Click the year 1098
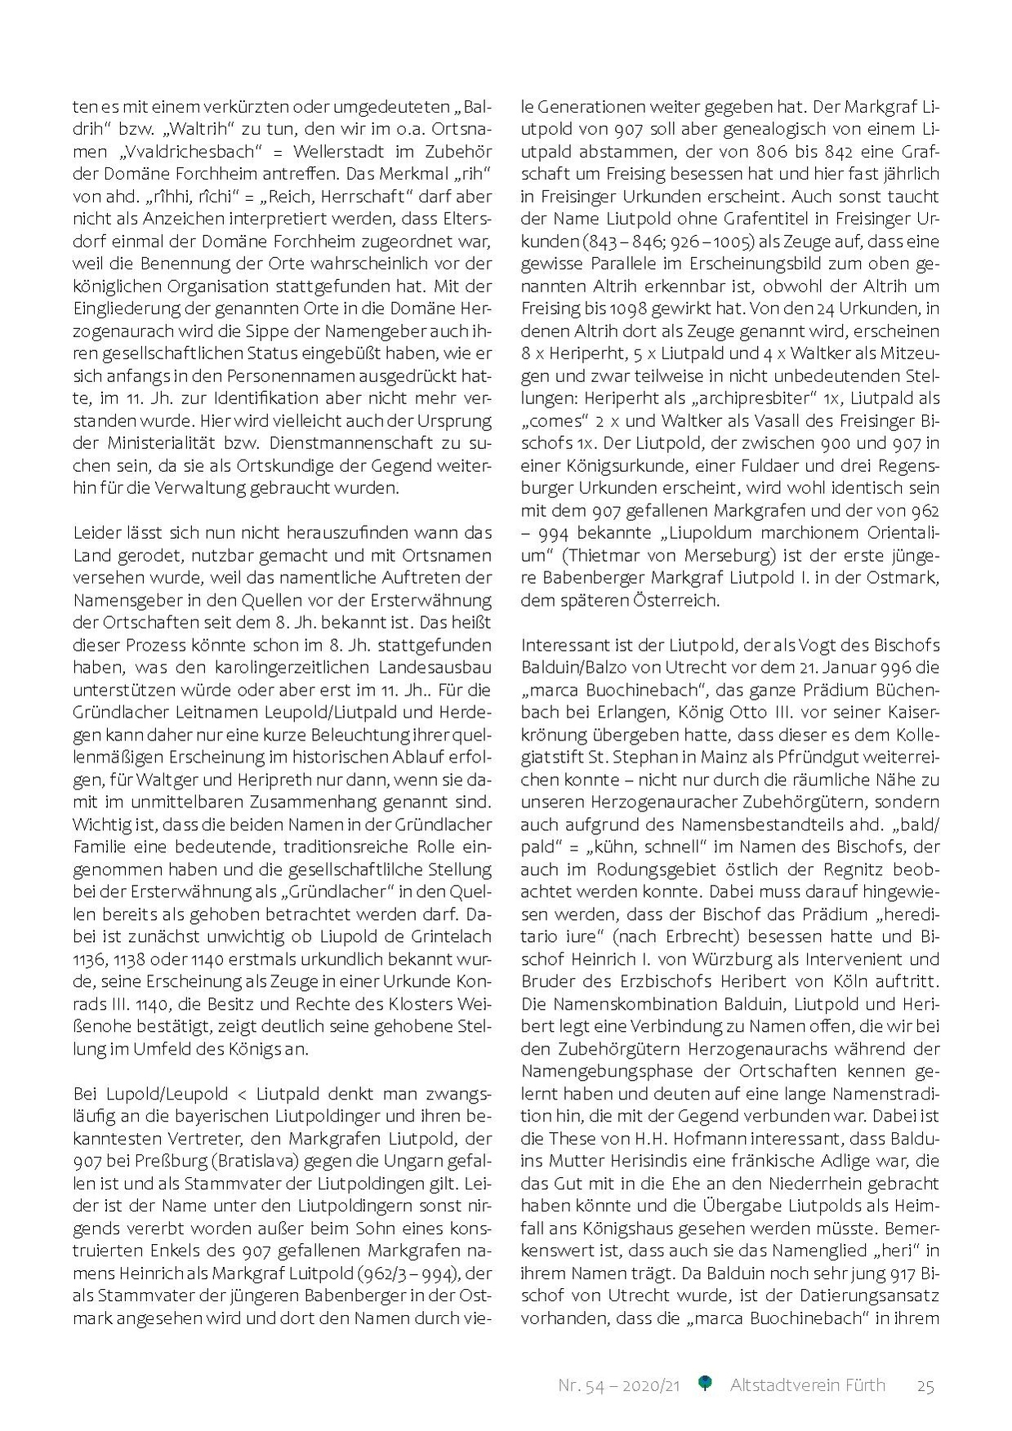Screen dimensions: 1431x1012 coord(626,309)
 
